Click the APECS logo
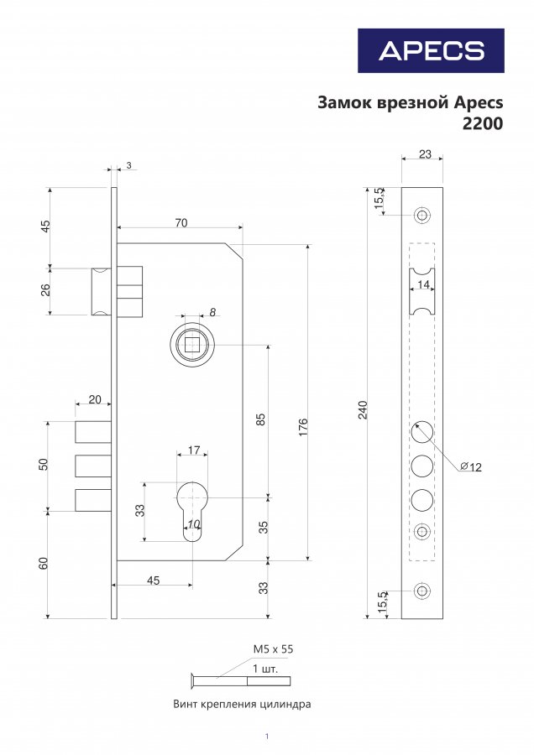coord(431,50)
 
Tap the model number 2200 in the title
coord(483,124)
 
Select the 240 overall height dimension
coord(363,409)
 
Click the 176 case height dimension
coord(302,427)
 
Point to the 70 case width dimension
coord(181,223)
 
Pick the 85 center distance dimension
coord(261,419)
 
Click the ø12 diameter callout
coord(471,466)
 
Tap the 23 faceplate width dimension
coord(425,154)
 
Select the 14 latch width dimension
coord(424,284)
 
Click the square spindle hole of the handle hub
coord(191,345)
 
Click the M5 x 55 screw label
coord(273,649)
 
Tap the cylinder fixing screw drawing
coord(241,680)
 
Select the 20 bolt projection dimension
coord(95,399)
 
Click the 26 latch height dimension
coord(45,290)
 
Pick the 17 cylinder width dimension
coord(194,450)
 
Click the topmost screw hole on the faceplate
coord(422,215)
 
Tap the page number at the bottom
coord(267,737)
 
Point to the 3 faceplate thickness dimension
coord(128,165)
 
